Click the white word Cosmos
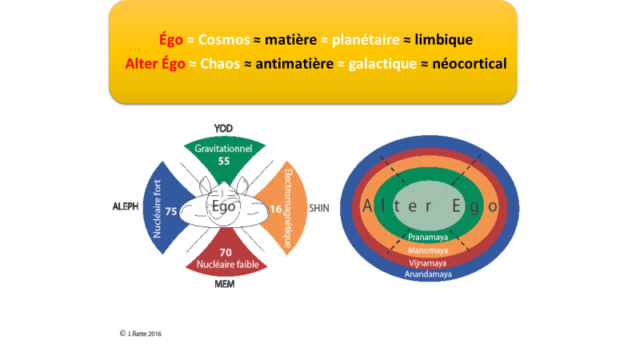(224, 39)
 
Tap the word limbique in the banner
(444, 39)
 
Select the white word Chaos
(220, 64)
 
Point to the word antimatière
(294, 64)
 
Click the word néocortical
(470, 64)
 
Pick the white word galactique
(382, 64)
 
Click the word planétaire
(366, 40)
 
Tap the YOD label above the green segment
(223, 129)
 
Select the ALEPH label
(126, 206)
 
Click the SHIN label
(319, 208)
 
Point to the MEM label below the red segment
(225, 284)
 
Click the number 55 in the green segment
(224, 162)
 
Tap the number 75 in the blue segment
(171, 211)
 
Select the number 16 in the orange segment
(276, 210)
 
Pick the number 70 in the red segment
(226, 253)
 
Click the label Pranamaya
(428, 237)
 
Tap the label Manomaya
(428, 250)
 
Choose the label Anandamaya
(428, 274)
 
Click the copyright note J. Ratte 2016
(141, 334)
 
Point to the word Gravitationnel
(223, 149)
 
